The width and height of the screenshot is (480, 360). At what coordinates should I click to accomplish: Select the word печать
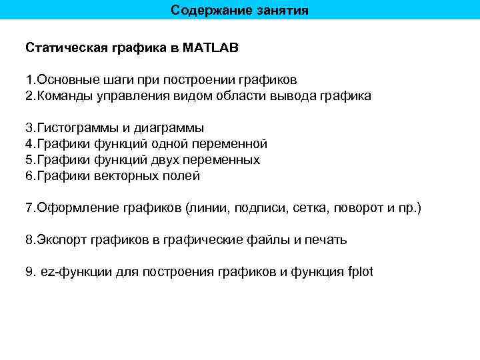click(x=325, y=240)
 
